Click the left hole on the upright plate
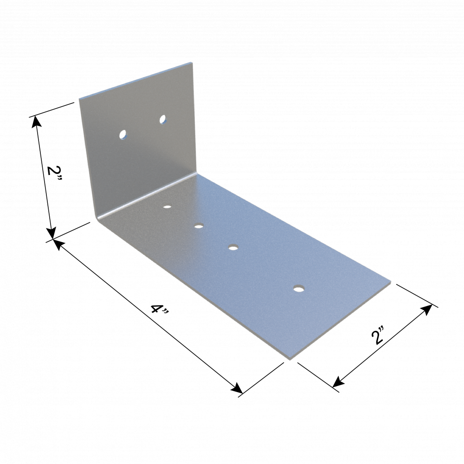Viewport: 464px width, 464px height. point(122,135)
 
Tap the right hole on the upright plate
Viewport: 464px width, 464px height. point(162,119)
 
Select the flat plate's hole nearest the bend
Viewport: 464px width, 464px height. point(167,206)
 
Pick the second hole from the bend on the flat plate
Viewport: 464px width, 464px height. point(199,227)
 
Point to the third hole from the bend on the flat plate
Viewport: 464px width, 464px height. point(233,247)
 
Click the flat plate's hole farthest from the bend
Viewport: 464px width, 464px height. point(299,288)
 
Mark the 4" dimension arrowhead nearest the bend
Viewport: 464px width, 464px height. point(58,245)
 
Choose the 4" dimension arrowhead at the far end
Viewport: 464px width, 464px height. point(237,388)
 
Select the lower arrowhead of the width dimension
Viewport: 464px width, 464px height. point(338,382)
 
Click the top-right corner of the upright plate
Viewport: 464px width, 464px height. point(191,63)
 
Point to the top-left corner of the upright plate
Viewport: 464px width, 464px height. point(79,99)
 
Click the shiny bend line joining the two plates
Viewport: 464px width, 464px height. point(147,195)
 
